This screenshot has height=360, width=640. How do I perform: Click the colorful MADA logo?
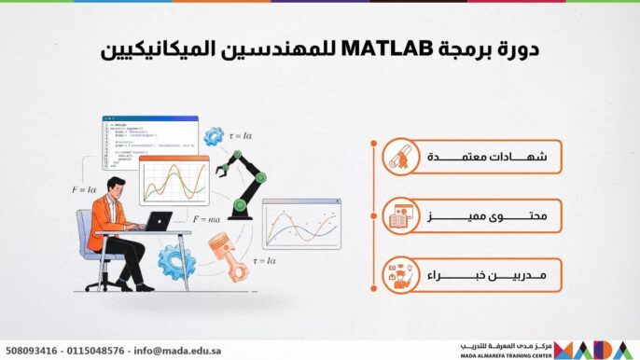596,350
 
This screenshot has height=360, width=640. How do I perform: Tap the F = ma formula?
206,219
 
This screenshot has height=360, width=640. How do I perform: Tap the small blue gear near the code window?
215,135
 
